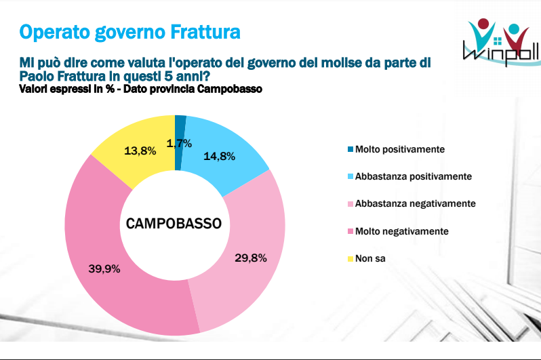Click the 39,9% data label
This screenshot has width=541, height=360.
(x=104, y=268)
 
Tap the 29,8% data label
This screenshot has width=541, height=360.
(x=251, y=258)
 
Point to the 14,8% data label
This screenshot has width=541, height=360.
(x=220, y=157)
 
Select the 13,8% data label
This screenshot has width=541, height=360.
(x=140, y=151)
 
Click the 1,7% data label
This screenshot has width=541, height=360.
(x=179, y=143)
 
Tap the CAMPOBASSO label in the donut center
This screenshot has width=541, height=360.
(x=174, y=224)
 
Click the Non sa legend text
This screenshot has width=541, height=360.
(x=370, y=258)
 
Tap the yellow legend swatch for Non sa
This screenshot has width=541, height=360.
(x=350, y=258)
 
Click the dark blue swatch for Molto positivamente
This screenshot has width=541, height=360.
(x=350, y=149)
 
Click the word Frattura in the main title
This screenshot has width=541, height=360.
(x=205, y=32)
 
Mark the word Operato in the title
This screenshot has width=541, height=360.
(x=54, y=33)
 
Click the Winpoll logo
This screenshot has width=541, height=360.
(x=502, y=42)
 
